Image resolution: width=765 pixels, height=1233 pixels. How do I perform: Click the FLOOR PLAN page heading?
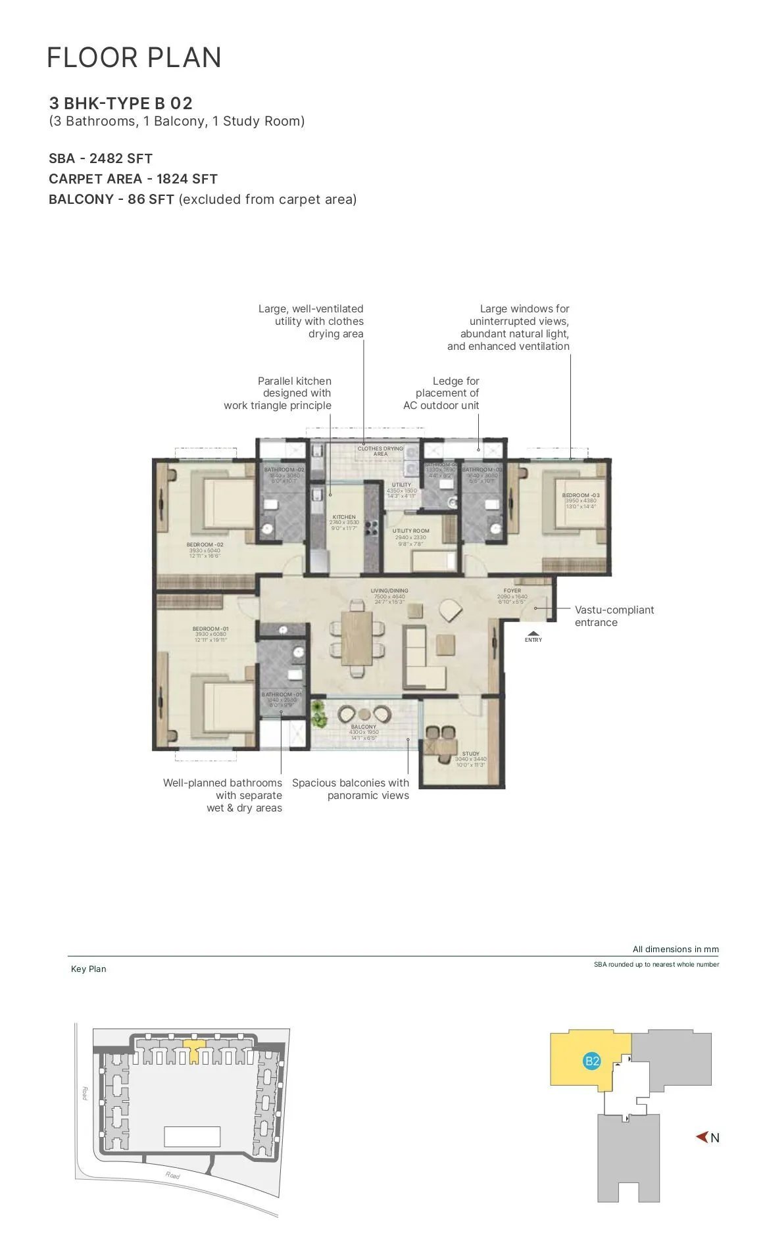(x=134, y=58)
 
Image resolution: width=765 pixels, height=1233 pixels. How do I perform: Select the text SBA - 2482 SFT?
(x=101, y=158)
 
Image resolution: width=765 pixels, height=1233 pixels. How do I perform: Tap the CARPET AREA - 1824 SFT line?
(x=133, y=179)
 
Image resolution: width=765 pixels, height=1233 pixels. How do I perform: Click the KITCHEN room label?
(x=344, y=517)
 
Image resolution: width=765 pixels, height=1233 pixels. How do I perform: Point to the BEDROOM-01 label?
(x=210, y=629)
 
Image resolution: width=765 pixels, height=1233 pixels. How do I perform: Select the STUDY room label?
(x=470, y=754)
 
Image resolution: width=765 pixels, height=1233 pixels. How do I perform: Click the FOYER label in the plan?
(x=512, y=591)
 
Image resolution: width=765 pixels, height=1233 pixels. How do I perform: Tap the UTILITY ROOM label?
(x=410, y=531)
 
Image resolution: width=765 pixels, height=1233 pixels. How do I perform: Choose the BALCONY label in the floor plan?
(x=364, y=727)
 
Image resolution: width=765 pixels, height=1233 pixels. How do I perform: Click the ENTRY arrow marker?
(x=533, y=635)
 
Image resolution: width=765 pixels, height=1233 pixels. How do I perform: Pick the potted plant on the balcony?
(x=319, y=713)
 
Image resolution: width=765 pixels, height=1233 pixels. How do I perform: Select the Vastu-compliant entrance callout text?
(x=614, y=616)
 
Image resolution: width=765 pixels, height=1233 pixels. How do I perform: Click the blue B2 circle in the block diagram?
(x=592, y=1061)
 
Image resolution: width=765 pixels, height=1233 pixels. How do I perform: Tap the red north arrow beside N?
(x=702, y=1137)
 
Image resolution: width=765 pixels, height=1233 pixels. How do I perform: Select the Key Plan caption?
(x=88, y=969)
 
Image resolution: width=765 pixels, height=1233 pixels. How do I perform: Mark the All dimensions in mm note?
(x=675, y=949)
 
